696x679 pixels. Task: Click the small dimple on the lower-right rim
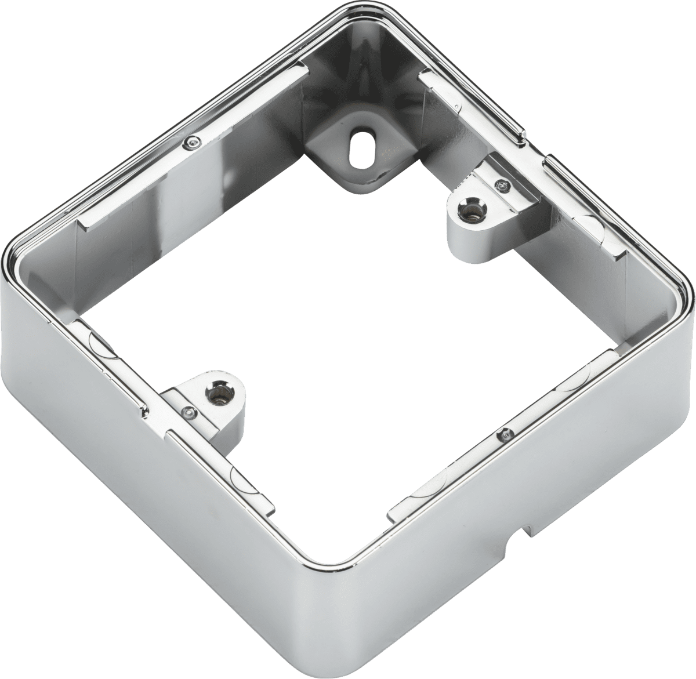[506, 432]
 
